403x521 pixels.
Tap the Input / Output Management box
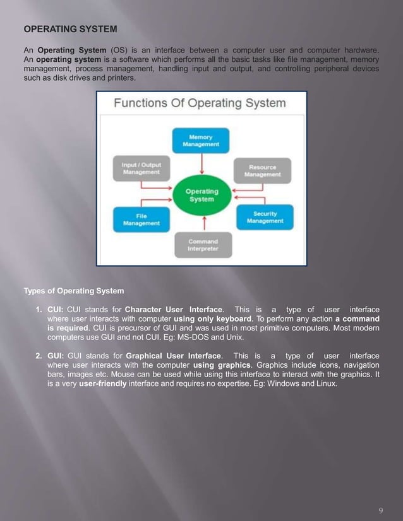point(140,168)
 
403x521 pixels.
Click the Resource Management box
point(262,170)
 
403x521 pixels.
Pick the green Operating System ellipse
point(201,195)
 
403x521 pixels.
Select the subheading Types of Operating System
point(74,291)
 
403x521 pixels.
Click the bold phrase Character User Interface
point(174,310)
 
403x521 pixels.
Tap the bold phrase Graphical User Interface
point(174,356)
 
